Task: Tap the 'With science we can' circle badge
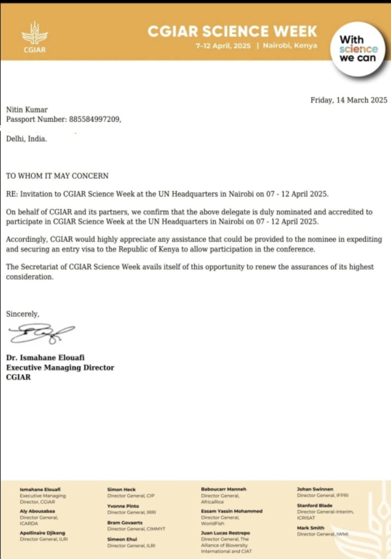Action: [358, 49]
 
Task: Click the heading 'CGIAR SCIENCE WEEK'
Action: [232, 31]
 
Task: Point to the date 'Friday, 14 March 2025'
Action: [349, 100]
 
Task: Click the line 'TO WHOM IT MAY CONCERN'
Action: [57, 176]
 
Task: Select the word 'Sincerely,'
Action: [22, 314]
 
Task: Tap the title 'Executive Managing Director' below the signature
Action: [60, 368]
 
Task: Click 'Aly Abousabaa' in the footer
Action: [38, 511]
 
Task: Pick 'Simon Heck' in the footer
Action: [122, 490]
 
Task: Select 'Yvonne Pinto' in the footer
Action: [123, 506]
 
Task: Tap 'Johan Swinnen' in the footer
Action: [315, 490]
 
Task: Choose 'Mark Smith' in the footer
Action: [311, 528]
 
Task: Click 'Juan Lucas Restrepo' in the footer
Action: [225, 533]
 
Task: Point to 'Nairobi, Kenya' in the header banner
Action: [290, 46]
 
